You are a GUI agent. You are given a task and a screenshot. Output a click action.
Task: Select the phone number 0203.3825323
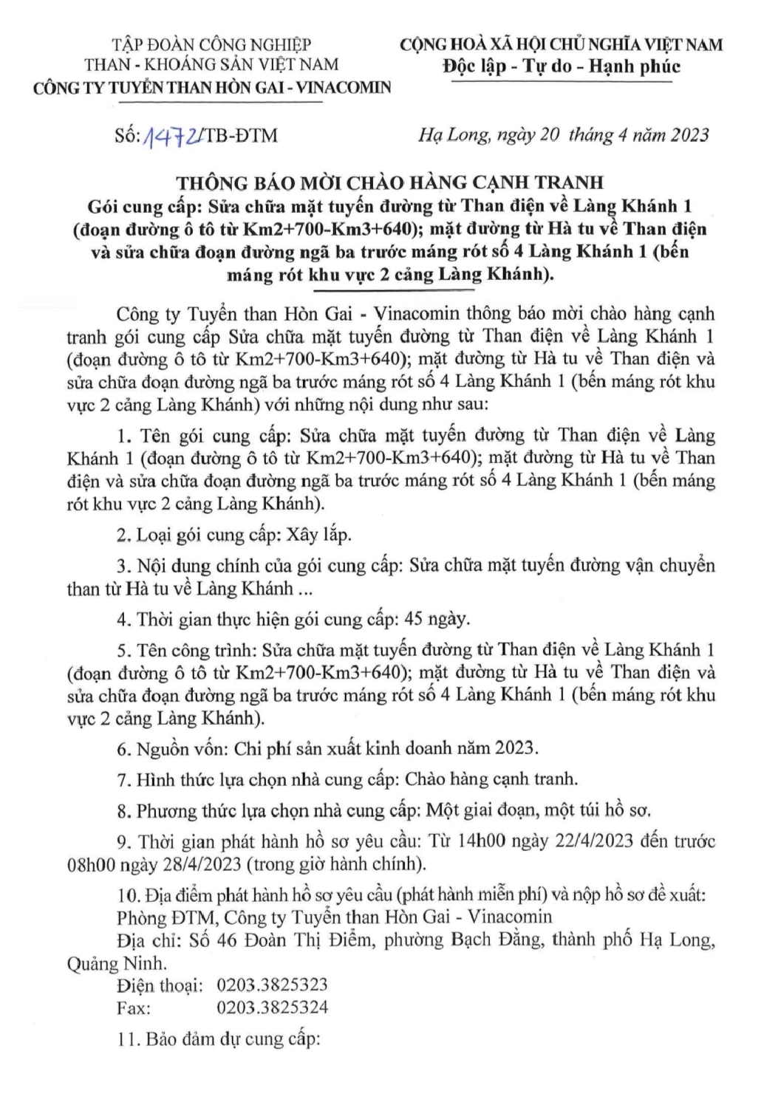coord(272,985)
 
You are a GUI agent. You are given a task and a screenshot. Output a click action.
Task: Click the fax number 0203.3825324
coord(272,1007)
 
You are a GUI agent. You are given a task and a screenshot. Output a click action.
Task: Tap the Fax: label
coord(134,1007)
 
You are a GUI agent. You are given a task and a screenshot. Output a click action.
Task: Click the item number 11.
coord(126,1040)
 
